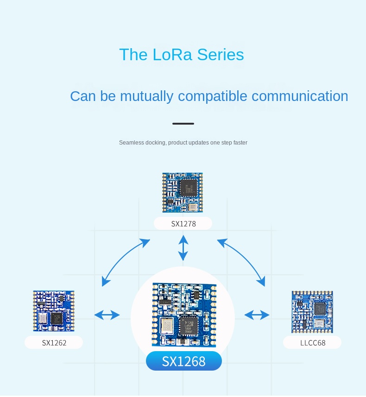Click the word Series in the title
(x=221, y=55)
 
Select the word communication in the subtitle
(x=300, y=96)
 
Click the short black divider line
(x=183, y=124)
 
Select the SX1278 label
(x=183, y=224)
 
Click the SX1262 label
(x=54, y=343)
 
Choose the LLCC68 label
(x=312, y=343)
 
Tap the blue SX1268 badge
(x=183, y=361)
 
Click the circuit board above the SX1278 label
(x=183, y=192)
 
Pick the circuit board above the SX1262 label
(x=54, y=311)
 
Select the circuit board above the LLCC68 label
(x=312, y=311)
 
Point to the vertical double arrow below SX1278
(x=183, y=247)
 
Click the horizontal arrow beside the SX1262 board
(x=107, y=315)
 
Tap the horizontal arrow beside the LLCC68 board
(x=257, y=315)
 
